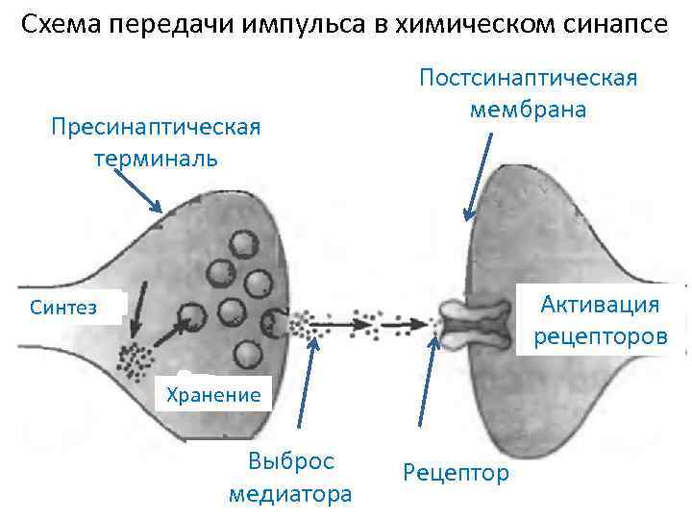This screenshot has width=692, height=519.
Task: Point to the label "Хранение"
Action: coord(213,394)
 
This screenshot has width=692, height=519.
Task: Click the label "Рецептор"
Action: coord(457,473)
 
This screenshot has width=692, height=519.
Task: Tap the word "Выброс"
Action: coord(290,460)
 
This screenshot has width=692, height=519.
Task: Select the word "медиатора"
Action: coord(290,494)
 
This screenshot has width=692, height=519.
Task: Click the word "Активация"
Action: coord(600,305)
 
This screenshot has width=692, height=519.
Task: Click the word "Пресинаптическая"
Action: coord(156,127)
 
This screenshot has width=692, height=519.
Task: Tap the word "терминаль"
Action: coord(156,158)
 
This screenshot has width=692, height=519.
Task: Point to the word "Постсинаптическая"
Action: coord(528,77)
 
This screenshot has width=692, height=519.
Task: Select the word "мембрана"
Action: coord(528,109)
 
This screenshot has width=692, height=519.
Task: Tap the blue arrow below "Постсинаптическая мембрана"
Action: coord(478,178)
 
